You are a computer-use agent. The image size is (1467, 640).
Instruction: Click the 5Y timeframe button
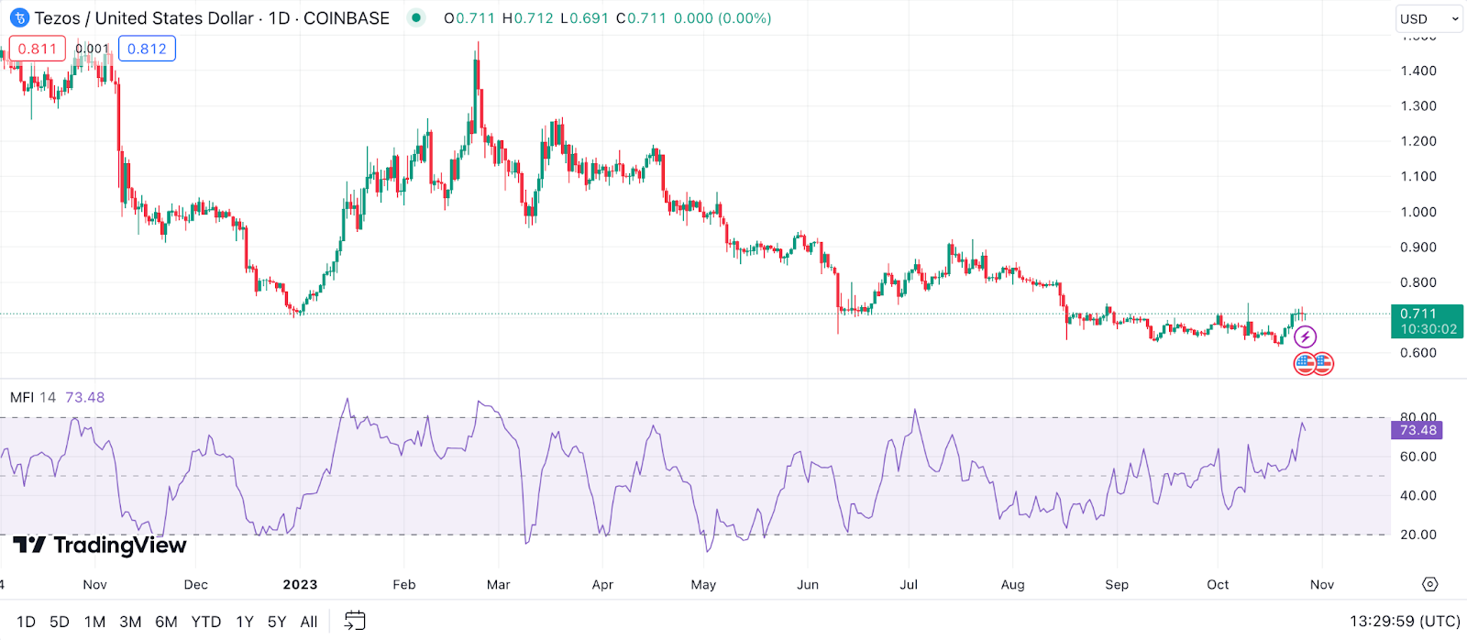(x=277, y=622)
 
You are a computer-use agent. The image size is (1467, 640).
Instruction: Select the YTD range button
(x=206, y=622)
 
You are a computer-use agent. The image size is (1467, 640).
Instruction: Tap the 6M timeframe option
(x=166, y=622)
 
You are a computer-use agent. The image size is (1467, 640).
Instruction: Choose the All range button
(x=309, y=622)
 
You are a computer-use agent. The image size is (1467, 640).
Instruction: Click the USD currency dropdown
(x=1428, y=18)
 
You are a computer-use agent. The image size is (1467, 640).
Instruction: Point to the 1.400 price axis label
(x=1418, y=71)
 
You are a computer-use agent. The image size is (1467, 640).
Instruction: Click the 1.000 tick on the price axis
(x=1418, y=212)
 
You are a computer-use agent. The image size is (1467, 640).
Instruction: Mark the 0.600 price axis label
(x=1418, y=353)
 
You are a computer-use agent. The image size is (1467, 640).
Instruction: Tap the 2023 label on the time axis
(x=300, y=585)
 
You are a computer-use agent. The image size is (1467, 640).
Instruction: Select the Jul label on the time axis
(x=909, y=585)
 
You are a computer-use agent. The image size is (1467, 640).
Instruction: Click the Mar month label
(x=498, y=585)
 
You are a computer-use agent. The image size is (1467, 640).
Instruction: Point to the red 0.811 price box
(x=38, y=49)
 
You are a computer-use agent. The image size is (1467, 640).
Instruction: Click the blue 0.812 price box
(x=147, y=49)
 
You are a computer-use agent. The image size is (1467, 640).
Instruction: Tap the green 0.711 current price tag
(x=1428, y=321)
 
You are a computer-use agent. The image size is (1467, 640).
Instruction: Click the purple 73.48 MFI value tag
(x=1417, y=430)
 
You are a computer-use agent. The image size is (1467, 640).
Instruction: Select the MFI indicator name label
(x=22, y=397)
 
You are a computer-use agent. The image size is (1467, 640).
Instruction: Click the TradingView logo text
(x=119, y=546)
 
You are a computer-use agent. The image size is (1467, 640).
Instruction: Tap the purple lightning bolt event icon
(x=1305, y=337)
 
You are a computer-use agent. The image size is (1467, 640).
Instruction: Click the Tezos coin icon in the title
(x=19, y=18)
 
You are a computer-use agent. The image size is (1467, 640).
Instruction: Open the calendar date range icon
(x=355, y=621)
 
